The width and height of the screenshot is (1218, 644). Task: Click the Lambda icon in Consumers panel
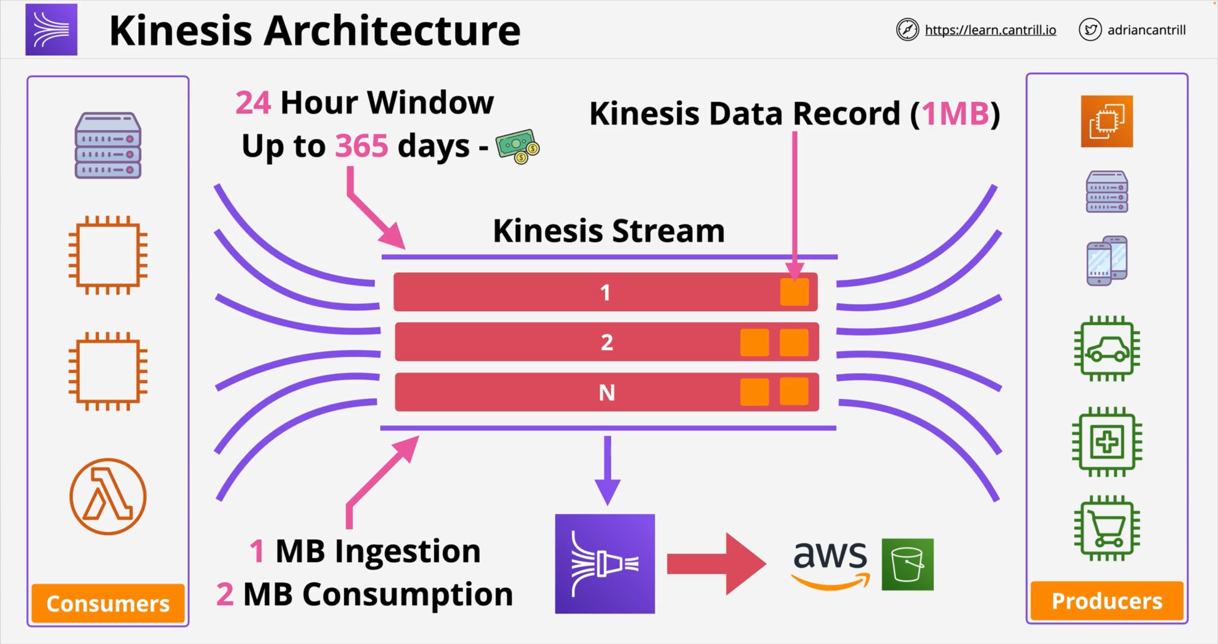pyautogui.click(x=108, y=496)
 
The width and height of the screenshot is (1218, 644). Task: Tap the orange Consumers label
pyautogui.click(x=108, y=603)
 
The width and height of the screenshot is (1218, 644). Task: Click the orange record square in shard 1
pyautogui.click(x=794, y=292)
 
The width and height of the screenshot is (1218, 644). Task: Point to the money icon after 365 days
pyautogui.click(x=517, y=147)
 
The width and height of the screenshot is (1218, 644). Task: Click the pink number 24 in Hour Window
pyautogui.click(x=253, y=103)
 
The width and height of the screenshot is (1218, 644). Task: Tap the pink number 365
pyautogui.click(x=362, y=146)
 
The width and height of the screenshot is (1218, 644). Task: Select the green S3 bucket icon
pyautogui.click(x=907, y=564)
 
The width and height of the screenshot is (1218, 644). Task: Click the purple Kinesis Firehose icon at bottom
pyautogui.click(x=605, y=564)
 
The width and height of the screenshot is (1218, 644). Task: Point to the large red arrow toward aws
pyautogui.click(x=716, y=564)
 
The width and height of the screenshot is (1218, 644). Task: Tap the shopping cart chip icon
pyautogui.click(x=1107, y=528)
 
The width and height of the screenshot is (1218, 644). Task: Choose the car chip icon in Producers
pyautogui.click(x=1107, y=348)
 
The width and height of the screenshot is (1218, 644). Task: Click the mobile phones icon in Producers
pyautogui.click(x=1107, y=260)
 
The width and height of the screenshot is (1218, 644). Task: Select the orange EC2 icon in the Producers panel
pyautogui.click(x=1107, y=121)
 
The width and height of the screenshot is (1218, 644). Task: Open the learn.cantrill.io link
pyautogui.click(x=990, y=30)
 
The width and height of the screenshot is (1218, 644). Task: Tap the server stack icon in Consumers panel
pyautogui.click(x=108, y=145)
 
